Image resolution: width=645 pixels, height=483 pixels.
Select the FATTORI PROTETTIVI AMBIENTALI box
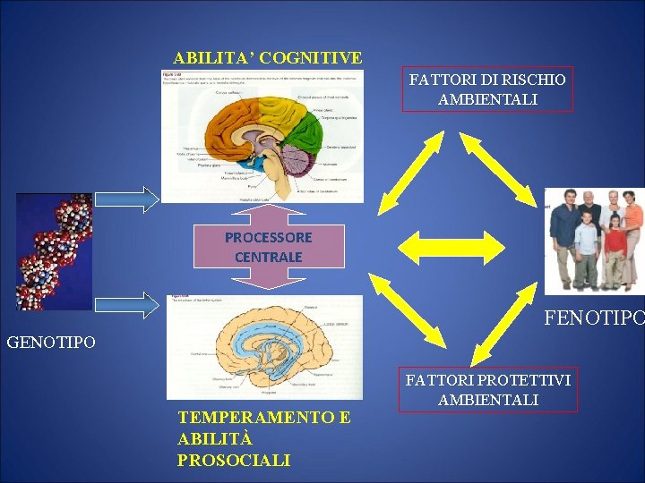pyautogui.click(x=488, y=389)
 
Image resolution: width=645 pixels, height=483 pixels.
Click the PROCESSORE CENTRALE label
pyautogui.click(x=269, y=247)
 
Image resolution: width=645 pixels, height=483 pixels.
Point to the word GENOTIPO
pyautogui.click(x=50, y=342)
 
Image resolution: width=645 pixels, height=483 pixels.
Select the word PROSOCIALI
pyautogui.click(x=234, y=460)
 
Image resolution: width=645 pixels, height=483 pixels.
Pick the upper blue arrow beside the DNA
pyautogui.click(x=137, y=198)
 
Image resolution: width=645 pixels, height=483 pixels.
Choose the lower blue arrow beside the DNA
pyautogui.click(x=137, y=305)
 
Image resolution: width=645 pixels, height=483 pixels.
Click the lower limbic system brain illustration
pyautogui.click(x=265, y=347)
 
